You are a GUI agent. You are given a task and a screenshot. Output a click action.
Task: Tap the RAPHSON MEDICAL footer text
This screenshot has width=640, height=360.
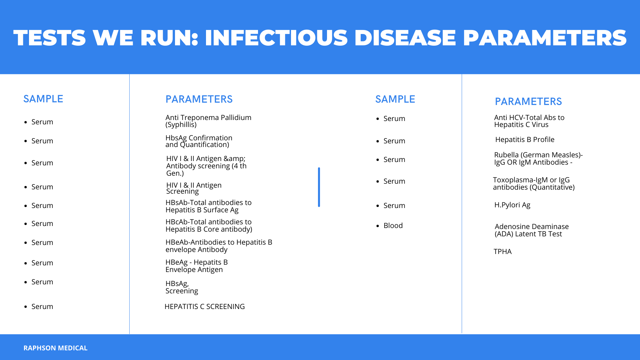(x=55, y=348)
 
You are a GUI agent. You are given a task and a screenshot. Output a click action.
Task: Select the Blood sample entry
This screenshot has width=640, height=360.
(x=393, y=226)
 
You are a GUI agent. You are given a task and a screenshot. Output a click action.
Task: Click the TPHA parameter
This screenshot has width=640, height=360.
(x=503, y=252)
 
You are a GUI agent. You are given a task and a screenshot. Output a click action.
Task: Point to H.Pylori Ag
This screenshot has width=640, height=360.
(x=512, y=205)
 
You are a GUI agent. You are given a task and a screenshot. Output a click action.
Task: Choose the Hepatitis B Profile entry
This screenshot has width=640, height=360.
(x=525, y=140)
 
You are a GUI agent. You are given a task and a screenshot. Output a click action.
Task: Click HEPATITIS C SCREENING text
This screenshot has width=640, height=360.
(x=205, y=307)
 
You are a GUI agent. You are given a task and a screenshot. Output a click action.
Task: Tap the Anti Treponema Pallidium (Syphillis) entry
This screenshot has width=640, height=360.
(x=208, y=121)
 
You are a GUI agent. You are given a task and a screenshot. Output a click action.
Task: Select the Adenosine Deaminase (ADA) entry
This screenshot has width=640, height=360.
(x=532, y=230)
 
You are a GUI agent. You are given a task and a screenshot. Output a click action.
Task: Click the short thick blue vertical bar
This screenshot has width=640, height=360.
(x=319, y=187)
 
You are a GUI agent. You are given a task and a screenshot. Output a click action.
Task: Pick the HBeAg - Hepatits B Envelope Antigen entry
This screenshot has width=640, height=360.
(x=197, y=266)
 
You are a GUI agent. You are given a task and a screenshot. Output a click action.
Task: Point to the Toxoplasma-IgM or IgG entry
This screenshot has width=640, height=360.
(x=534, y=184)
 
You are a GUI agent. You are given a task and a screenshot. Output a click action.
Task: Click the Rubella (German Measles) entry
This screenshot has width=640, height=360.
(x=538, y=159)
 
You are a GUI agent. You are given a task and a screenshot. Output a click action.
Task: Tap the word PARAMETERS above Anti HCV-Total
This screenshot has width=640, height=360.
(x=528, y=102)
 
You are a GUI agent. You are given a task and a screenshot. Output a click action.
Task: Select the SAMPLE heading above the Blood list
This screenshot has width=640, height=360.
(x=395, y=99)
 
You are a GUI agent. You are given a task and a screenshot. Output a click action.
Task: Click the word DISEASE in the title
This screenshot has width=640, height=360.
(x=405, y=38)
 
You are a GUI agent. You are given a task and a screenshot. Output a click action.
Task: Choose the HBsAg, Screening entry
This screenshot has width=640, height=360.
(x=182, y=287)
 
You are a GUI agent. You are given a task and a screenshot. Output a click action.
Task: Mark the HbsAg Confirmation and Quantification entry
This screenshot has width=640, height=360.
(x=199, y=141)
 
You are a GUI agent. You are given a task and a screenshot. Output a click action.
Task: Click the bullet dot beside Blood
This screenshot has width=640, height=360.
(x=378, y=226)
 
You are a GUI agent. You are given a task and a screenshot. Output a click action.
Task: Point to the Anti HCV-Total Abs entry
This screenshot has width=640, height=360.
(x=529, y=121)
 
